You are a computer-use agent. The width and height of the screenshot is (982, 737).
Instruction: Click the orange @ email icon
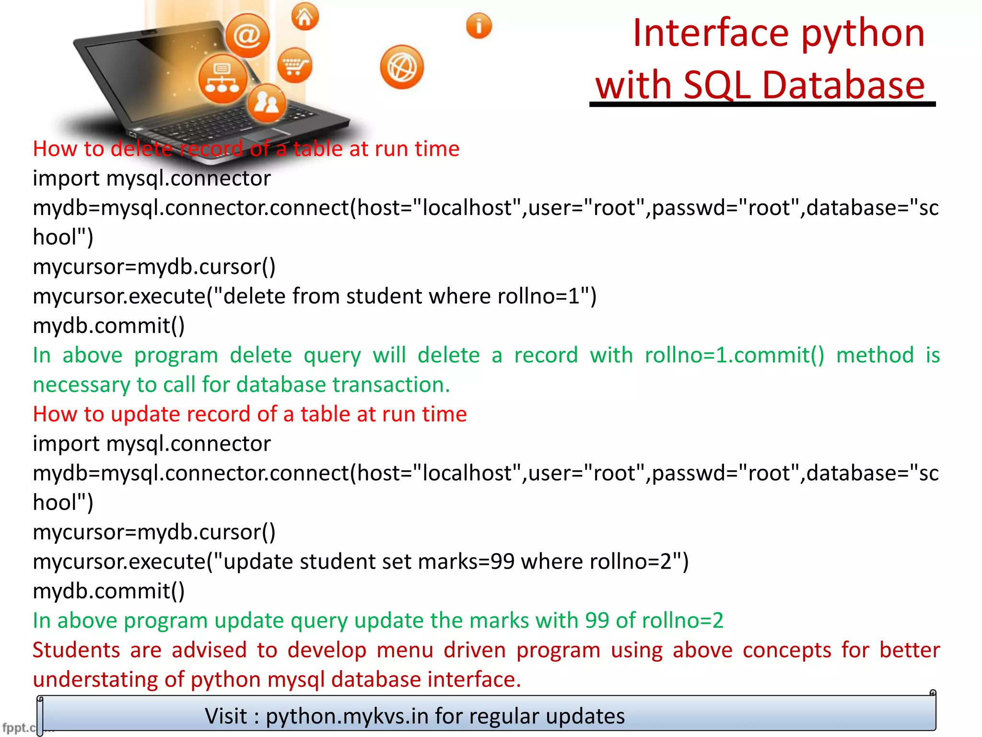coord(247,36)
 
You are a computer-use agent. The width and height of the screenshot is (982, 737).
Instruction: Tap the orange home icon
coord(305,17)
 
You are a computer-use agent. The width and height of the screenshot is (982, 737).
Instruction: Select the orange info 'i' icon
coord(479,26)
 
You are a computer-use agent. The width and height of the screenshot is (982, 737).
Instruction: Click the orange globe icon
coord(402,68)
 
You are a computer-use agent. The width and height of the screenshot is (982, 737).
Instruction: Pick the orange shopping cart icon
coord(294,66)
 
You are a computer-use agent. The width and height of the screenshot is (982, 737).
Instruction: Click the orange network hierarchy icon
coord(222,79)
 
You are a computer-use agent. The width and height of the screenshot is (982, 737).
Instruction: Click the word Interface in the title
coord(711,34)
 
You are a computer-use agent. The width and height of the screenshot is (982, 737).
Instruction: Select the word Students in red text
coord(76,650)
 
